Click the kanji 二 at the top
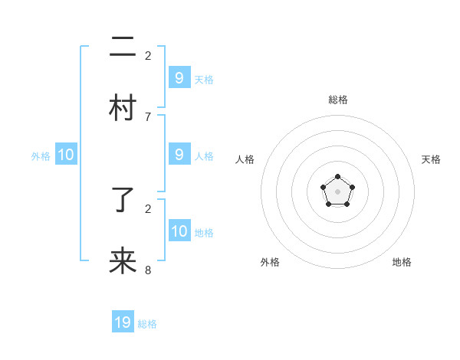(123, 48)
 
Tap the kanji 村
(123, 108)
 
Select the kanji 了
(123, 201)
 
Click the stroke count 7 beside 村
(148, 116)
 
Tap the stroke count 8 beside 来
(148, 270)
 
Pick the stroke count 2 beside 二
(148, 55)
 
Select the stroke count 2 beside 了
(148, 208)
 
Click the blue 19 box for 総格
(123, 322)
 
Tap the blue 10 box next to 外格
(66, 155)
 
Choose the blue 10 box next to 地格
(179, 231)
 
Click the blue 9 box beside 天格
(179, 78)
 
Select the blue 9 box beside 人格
(179, 155)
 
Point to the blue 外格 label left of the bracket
(41, 156)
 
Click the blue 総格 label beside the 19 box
(147, 324)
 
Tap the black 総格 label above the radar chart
(338, 100)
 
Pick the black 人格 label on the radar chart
(245, 159)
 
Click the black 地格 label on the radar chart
(402, 262)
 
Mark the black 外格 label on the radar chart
(270, 262)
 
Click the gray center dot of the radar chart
(337, 191)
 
